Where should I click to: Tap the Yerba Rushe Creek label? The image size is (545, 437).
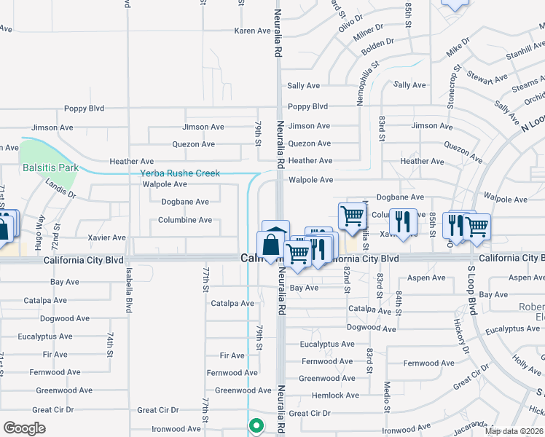click(x=180, y=173)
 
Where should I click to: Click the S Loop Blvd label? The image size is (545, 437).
click(x=471, y=291)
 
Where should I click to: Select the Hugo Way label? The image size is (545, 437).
click(x=42, y=229)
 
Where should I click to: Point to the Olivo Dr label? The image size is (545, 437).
click(x=350, y=22)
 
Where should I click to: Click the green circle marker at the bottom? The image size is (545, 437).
click(x=256, y=425)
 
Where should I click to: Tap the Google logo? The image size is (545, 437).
click(x=24, y=428)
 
